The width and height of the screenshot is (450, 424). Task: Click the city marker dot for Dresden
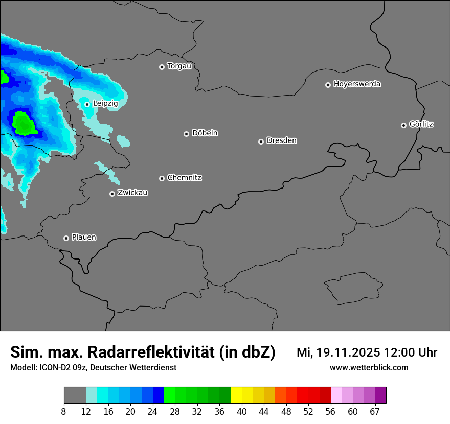(x=261, y=142)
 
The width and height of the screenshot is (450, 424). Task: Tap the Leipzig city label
(x=105, y=103)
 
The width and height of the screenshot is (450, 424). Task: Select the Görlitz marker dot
(x=403, y=125)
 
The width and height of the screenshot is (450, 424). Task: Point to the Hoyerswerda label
(x=357, y=84)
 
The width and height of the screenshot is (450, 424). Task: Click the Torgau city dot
(x=162, y=67)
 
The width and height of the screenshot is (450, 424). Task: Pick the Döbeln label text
(x=205, y=133)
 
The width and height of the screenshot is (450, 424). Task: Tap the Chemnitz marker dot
(x=162, y=178)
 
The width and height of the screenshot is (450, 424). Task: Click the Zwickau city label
(x=132, y=193)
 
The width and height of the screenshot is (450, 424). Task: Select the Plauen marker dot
(x=66, y=238)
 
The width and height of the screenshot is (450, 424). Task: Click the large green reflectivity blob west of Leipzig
(x=24, y=124)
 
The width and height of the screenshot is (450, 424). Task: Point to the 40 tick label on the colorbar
(x=241, y=412)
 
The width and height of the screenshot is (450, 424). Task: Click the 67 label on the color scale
(x=375, y=412)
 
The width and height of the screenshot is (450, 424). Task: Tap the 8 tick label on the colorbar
(x=64, y=412)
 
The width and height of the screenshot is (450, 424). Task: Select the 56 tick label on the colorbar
(x=330, y=412)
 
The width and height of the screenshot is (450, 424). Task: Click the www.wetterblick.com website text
(x=369, y=367)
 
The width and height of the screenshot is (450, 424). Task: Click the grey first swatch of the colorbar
(x=75, y=395)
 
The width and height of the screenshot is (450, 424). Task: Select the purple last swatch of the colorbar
(x=381, y=395)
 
